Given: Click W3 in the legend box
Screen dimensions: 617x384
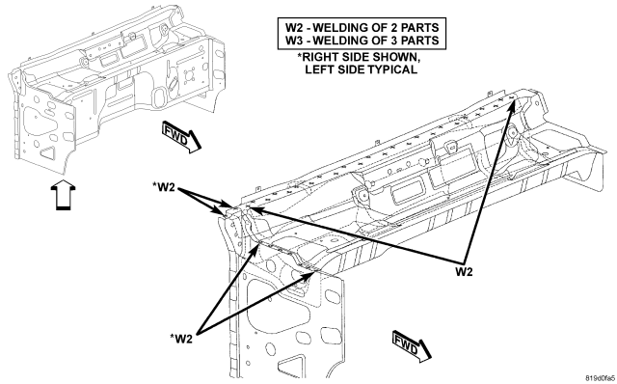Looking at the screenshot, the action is (x=296, y=41).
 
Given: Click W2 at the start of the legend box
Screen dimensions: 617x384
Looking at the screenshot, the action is (x=296, y=28).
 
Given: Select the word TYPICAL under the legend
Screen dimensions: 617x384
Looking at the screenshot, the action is (x=392, y=69).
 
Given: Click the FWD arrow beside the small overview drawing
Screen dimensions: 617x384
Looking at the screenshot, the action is (x=181, y=137).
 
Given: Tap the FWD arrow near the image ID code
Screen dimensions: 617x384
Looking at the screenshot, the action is (x=412, y=346).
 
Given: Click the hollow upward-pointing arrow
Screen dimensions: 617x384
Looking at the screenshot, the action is (x=64, y=195).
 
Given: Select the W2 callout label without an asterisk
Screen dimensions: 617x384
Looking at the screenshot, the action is (x=464, y=272).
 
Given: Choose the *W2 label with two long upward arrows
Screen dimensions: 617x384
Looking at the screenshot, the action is (x=181, y=339).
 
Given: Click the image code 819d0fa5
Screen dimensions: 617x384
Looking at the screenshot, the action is (x=600, y=378).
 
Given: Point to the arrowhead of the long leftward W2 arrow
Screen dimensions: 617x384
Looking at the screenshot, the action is (x=253, y=209).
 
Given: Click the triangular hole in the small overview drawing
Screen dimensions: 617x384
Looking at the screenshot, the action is (x=47, y=152).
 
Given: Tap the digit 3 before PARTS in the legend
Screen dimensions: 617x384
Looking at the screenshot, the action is (x=394, y=41).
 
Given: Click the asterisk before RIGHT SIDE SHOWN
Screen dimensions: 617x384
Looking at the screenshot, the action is (x=300, y=56).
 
